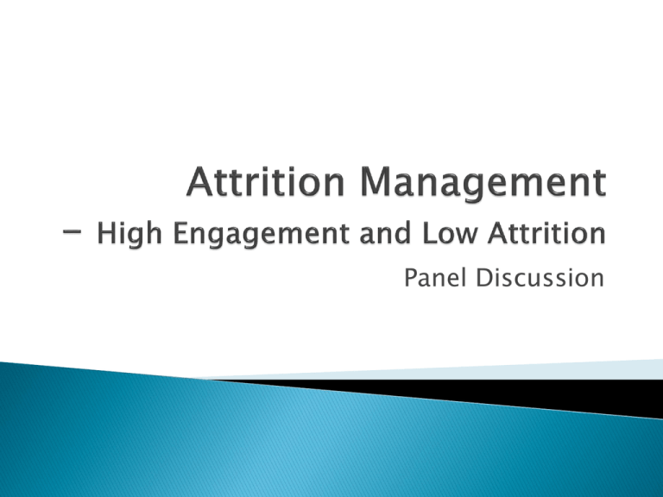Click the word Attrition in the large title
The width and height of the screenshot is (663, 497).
(266, 182)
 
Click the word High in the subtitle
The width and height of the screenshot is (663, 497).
(129, 234)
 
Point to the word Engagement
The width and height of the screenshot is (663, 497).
(262, 234)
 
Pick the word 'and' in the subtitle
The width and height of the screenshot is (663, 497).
(385, 233)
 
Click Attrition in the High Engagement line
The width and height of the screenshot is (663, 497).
(546, 233)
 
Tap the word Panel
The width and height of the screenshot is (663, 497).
(435, 278)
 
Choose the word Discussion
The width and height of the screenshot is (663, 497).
(540, 278)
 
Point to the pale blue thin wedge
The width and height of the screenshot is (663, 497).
(465, 370)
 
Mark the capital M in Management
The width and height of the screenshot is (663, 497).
(376, 182)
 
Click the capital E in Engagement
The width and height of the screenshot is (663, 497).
(180, 233)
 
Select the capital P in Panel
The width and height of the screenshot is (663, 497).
(412, 278)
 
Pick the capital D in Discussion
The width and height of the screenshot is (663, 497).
(484, 278)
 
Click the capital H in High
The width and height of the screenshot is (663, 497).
(107, 233)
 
